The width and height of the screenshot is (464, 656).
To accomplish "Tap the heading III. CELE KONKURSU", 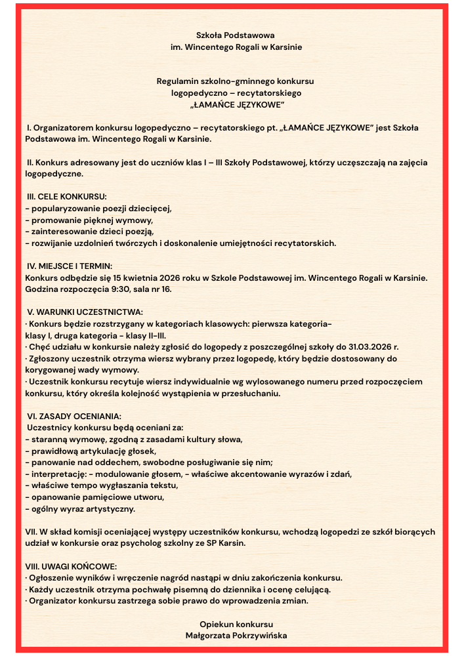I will pos(66,196).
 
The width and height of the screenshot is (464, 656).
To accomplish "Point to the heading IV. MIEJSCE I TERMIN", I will pos(70,266).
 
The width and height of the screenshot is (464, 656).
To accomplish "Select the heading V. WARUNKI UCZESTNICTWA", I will pos(85,312).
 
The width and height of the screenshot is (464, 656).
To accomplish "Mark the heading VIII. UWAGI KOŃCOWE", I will pos(71,566).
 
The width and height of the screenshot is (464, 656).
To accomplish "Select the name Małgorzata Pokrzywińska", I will pos(236,635).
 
